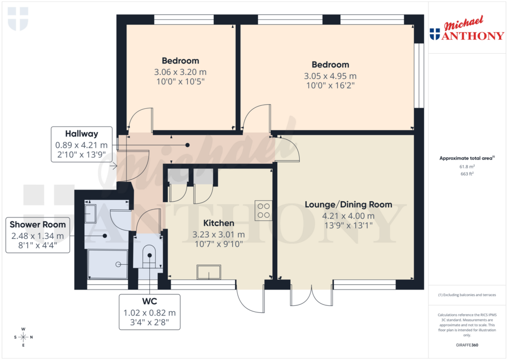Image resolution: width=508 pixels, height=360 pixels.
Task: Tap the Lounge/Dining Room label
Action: point(348,205)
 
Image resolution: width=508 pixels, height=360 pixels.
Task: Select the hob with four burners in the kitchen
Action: point(263,210)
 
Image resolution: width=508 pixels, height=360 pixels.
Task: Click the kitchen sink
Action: point(209,272)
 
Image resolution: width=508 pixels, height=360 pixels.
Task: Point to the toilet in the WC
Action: point(149,256)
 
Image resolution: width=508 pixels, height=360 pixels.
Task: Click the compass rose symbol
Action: point(23,337)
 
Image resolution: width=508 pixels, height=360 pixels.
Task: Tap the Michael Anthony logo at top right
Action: point(466,31)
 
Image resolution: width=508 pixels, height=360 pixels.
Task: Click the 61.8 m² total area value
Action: point(466,167)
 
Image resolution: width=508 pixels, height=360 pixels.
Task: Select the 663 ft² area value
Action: point(466,174)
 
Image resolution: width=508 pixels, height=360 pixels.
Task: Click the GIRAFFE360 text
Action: point(466,345)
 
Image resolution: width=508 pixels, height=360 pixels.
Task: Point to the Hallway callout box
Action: point(81,144)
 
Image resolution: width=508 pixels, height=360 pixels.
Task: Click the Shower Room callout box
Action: point(37,235)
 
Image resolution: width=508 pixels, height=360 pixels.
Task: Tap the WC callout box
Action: point(149,311)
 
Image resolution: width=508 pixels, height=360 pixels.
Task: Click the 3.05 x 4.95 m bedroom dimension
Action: point(330,76)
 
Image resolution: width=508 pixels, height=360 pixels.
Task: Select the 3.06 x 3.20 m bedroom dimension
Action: point(180,72)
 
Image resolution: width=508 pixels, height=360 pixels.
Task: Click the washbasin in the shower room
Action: point(91,214)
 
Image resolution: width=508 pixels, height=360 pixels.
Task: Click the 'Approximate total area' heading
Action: point(466,158)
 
